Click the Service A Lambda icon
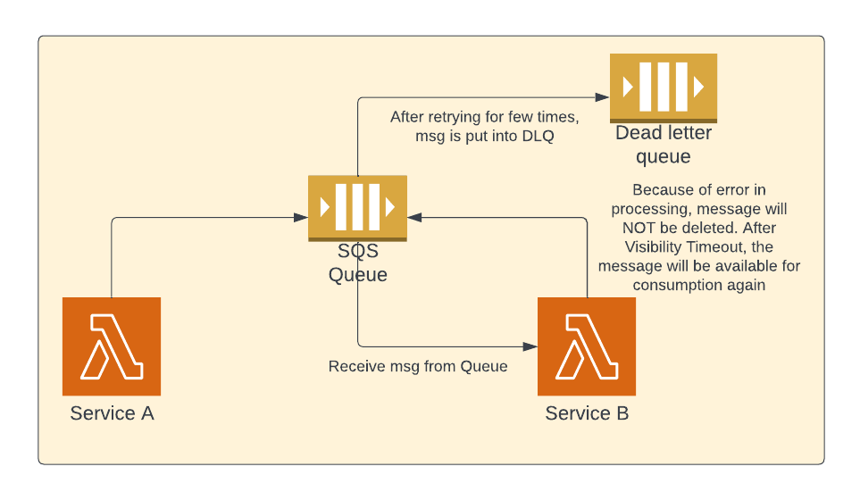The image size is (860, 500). coord(112,346)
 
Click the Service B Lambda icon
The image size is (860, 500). coord(587,346)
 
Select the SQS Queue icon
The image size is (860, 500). coord(357,207)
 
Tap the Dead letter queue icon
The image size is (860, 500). coord(664,87)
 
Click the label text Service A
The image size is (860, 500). coord(112,413)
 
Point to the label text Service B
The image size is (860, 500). coord(587,413)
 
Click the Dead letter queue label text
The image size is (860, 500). coord(664,145)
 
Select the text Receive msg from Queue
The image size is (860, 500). coord(418,366)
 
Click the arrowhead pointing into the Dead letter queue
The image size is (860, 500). coord(604,97)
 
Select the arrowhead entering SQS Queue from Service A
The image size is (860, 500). coord(302,217)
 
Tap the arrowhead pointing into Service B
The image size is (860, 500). coord(531,346)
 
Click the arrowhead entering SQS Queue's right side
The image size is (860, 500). coord(413,217)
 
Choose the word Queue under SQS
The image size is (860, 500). coord(357,274)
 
